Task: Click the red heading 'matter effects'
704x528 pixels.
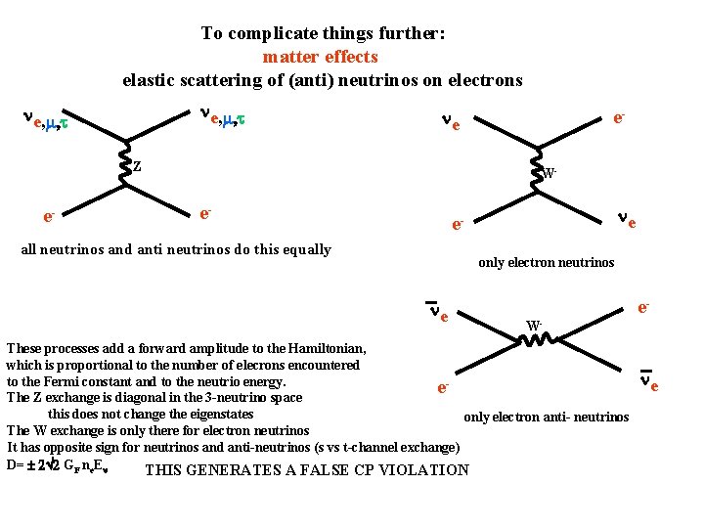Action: pos(320,57)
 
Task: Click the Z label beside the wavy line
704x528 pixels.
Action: pos(137,166)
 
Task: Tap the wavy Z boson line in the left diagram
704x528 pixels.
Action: pos(124,167)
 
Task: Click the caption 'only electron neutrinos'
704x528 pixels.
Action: pos(546,262)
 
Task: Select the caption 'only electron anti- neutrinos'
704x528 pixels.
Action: pos(546,418)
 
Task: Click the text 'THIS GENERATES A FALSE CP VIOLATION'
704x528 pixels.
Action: pos(306,470)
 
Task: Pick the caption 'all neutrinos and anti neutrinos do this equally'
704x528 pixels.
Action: pos(176,249)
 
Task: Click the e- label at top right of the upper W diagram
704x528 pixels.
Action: pos(619,117)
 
